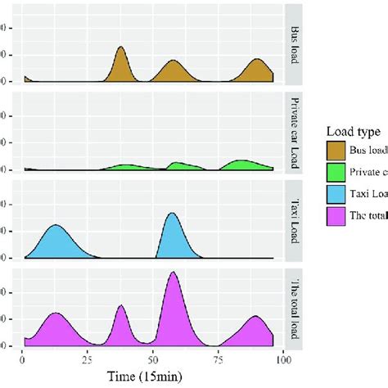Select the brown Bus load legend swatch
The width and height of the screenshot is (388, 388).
336,151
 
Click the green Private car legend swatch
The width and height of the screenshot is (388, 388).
336,173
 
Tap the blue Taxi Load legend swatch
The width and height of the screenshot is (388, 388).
336,195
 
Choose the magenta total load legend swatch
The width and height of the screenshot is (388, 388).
336,217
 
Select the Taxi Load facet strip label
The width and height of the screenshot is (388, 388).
294,219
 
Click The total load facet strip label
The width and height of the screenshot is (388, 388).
294,306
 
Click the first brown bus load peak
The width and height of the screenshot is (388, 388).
121,47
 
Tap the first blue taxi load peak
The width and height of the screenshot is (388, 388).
56,225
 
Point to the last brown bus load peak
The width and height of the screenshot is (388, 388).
258,60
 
